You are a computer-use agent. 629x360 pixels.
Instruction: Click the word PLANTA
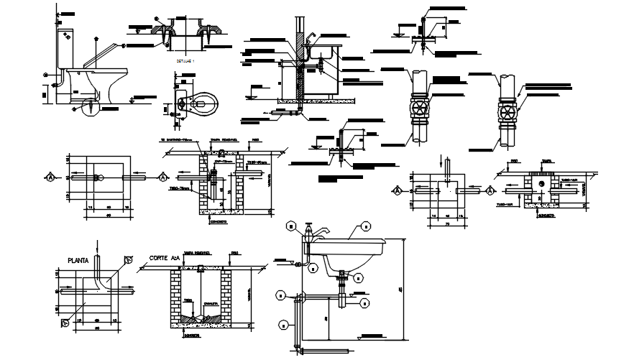point(80,260)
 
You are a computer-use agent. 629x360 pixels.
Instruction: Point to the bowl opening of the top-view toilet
point(204,104)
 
